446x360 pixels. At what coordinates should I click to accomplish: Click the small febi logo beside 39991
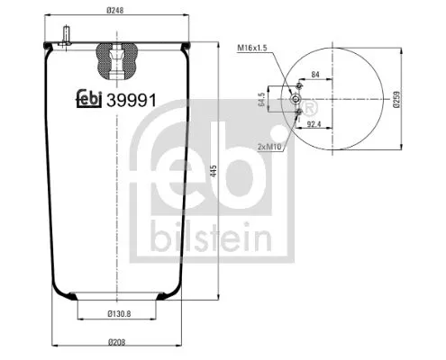coord(88,101)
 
